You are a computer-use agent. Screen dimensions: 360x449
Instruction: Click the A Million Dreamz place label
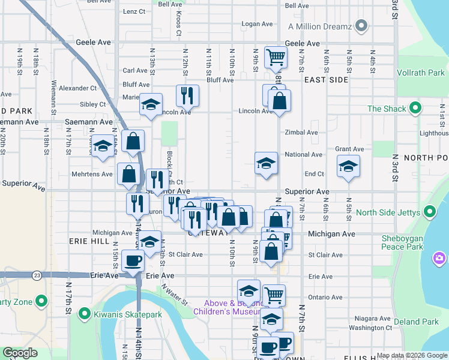(319, 26)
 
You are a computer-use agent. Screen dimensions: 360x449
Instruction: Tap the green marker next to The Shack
(414, 109)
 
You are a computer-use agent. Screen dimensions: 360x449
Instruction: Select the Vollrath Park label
(420, 73)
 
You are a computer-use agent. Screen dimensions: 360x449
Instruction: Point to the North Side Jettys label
(388, 212)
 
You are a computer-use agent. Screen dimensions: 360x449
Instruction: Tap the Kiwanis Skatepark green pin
(84, 313)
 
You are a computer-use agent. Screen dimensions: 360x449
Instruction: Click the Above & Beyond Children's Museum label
(232, 307)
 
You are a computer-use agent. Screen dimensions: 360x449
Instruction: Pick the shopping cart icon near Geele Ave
(276, 57)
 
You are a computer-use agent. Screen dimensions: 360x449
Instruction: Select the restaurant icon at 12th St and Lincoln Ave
(187, 94)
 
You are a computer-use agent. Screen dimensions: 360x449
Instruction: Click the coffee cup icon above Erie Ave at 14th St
(133, 260)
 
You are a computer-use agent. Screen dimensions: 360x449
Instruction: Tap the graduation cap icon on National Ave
(265, 163)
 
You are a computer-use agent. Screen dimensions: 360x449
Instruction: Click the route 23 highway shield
(37, 275)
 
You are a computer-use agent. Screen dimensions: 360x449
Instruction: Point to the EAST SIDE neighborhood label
(326, 79)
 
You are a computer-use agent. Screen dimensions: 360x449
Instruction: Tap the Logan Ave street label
(257, 25)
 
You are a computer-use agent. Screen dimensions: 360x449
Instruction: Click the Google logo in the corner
(20, 353)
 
